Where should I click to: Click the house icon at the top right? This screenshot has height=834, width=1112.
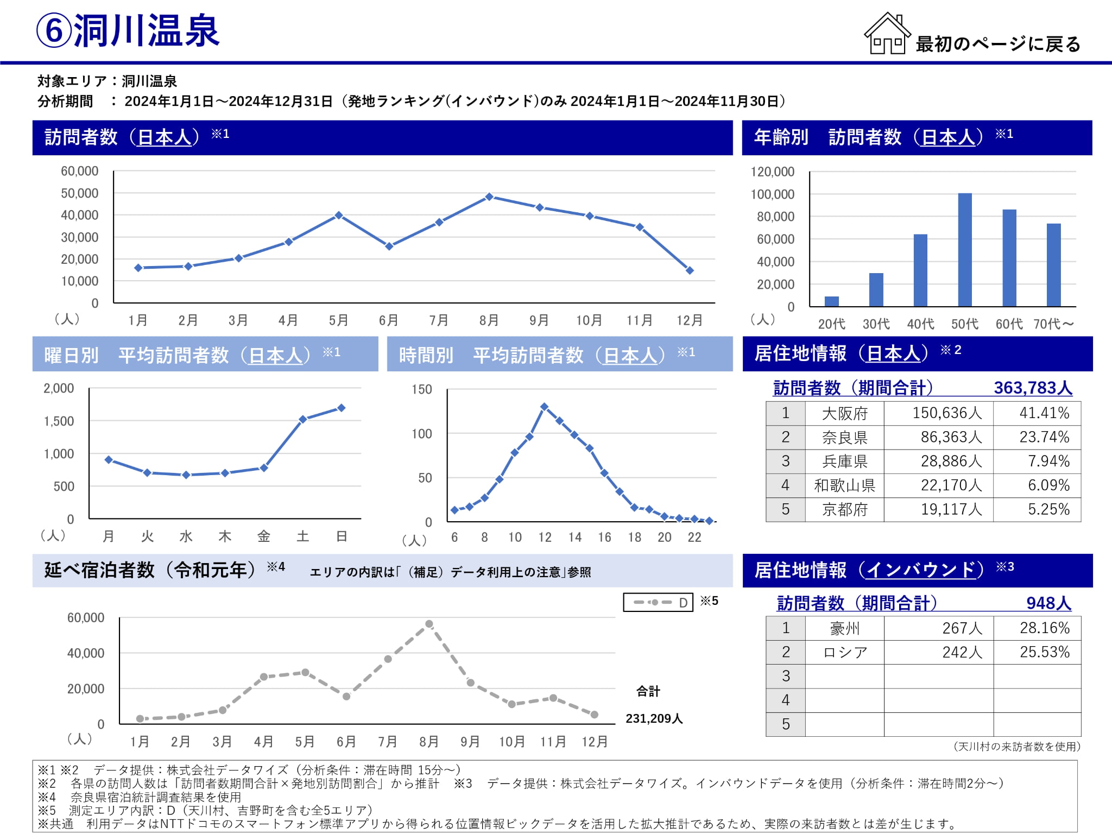(887, 34)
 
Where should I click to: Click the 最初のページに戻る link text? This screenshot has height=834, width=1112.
(998, 44)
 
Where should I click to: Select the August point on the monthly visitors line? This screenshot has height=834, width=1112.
(489, 197)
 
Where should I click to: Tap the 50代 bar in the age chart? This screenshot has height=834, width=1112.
(965, 250)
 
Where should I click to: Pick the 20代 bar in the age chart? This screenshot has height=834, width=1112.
(831, 301)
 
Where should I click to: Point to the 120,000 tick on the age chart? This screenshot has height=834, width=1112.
(772, 172)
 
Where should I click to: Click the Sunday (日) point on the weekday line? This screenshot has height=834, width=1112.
(342, 408)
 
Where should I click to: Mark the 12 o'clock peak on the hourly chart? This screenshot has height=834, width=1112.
(544, 407)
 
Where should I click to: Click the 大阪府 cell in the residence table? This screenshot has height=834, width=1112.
(844, 414)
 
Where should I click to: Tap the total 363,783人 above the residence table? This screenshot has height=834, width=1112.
(1033, 388)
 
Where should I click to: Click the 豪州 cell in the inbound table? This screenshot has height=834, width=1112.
(844, 629)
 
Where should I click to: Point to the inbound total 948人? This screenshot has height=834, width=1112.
(1048, 603)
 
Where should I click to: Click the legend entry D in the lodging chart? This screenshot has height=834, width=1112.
(659, 603)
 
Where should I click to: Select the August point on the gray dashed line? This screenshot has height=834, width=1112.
(429, 624)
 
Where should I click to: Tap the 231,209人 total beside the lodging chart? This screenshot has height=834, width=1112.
(654, 719)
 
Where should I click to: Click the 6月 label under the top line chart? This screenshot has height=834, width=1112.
(389, 320)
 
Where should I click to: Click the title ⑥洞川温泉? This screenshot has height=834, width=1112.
(128, 31)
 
